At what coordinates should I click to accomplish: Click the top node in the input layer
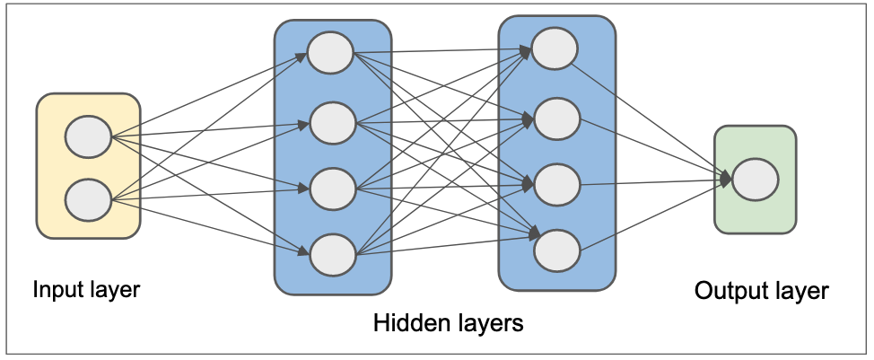click(x=88, y=138)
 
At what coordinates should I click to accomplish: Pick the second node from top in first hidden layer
click(x=332, y=123)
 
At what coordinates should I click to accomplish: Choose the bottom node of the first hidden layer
click(x=332, y=254)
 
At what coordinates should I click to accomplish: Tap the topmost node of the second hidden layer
click(x=555, y=48)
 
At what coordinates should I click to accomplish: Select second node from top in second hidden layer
click(x=556, y=117)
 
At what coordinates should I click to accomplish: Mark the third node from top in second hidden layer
click(x=556, y=184)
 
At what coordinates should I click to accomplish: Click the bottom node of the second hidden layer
click(x=556, y=251)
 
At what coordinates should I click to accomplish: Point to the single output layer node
click(x=755, y=180)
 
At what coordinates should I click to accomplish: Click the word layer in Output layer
click(x=801, y=292)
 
